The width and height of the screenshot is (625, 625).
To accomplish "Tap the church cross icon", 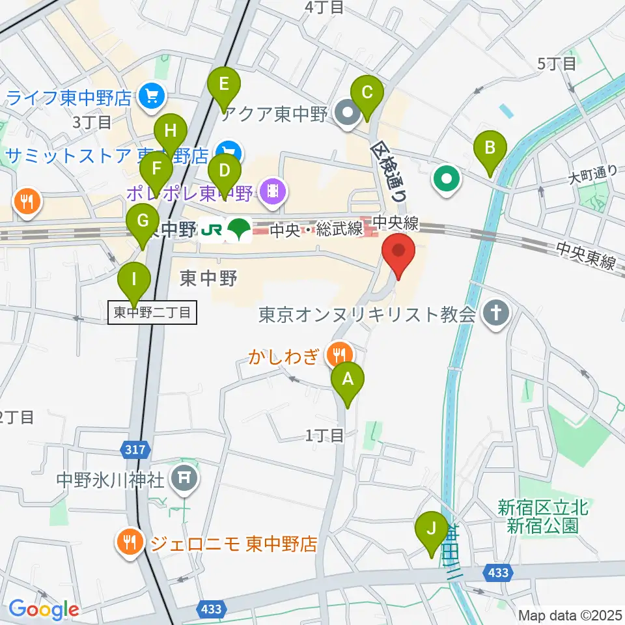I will point(495,315).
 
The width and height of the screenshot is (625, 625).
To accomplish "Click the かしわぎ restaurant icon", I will point(339,355).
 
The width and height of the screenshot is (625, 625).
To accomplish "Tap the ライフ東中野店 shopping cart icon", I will point(152,98).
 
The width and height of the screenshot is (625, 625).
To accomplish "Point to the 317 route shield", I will point(133,449).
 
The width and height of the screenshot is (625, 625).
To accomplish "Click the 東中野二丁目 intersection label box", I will point(152,312).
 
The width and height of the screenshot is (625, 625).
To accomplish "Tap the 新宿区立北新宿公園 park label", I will point(543,516).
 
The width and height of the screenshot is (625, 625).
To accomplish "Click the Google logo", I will point(44,610).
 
